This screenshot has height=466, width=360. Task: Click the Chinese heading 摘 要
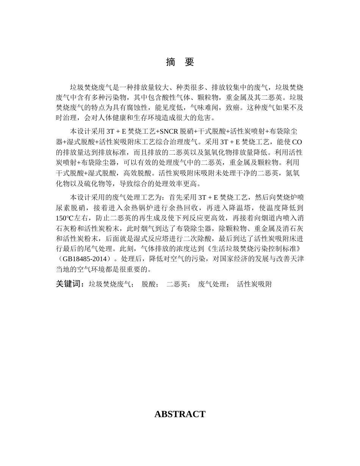180,62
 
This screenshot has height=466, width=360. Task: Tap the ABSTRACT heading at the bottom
180,414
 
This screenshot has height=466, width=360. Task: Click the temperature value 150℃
64,218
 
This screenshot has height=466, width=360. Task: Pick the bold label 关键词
70,284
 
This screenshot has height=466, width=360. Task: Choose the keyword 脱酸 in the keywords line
150,284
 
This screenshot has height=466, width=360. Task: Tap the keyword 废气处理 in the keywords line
213,284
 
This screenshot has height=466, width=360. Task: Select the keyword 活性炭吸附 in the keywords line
254,284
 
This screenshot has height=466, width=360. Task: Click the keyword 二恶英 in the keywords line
178,284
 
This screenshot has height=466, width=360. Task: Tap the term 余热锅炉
157,208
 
